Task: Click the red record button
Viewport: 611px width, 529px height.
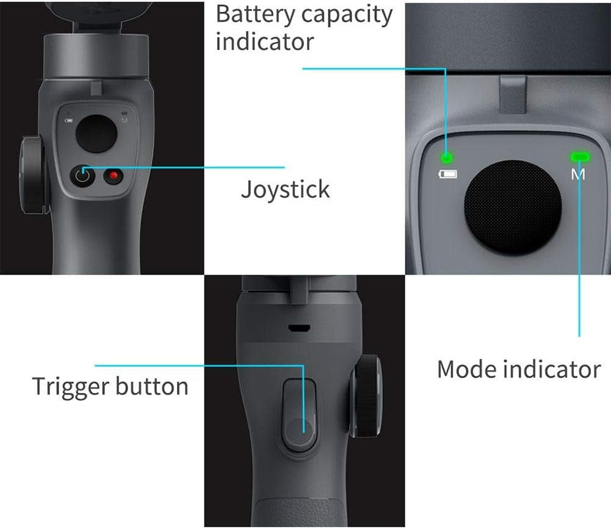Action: pyautogui.click(x=114, y=176)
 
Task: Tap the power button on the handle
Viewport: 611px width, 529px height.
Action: pyautogui.click(x=82, y=176)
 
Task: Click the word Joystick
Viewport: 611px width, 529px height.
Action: pyautogui.click(x=285, y=190)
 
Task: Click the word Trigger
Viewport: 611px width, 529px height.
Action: pyautogui.click(x=71, y=387)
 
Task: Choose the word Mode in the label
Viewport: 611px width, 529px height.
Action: pyautogui.click(x=466, y=369)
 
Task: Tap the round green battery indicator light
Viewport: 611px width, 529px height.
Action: pyautogui.click(x=447, y=158)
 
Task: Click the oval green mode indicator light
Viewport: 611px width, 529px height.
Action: pyautogui.click(x=580, y=157)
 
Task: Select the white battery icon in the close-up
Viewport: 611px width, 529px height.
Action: pyautogui.click(x=448, y=174)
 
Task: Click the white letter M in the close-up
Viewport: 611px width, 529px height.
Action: pyautogui.click(x=578, y=174)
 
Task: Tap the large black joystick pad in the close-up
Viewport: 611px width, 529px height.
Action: pyautogui.click(x=513, y=208)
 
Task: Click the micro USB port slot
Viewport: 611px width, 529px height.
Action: pyautogui.click(x=299, y=328)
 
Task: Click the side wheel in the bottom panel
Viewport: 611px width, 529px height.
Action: pyautogui.click(x=366, y=396)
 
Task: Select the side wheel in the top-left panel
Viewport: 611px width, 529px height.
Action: pyautogui.click(x=32, y=175)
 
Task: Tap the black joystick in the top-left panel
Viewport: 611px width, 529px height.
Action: pyautogui.click(x=96, y=134)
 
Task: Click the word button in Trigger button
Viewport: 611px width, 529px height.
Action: pyautogui.click(x=152, y=386)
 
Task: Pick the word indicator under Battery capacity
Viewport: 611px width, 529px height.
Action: pyautogui.click(x=264, y=43)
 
